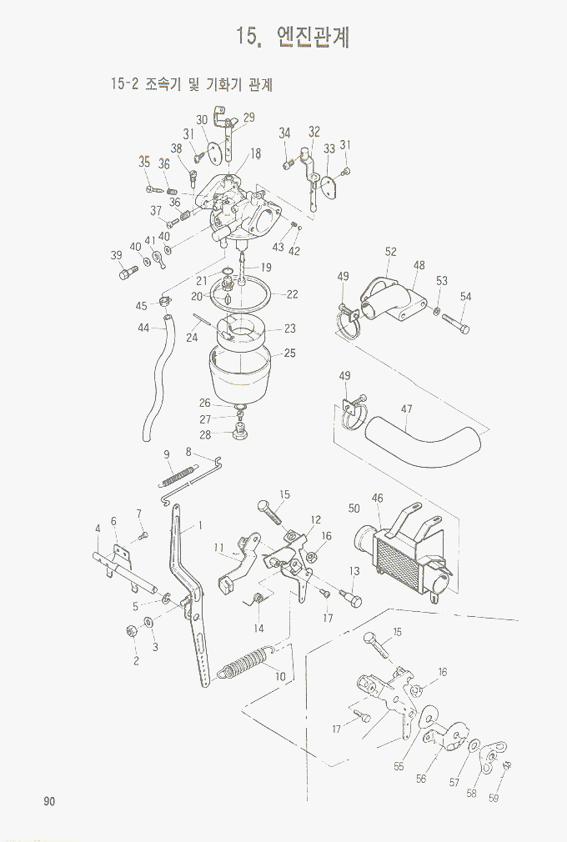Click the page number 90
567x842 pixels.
click(49, 801)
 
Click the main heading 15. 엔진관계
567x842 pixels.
click(293, 37)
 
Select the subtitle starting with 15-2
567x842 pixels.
click(192, 84)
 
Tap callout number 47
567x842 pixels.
click(407, 408)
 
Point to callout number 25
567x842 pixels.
click(289, 353)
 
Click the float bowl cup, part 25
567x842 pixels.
click(242, 373)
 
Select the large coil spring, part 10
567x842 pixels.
click(245, 663)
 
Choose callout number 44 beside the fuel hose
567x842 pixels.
click(143, 328)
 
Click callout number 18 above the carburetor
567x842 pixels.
click(255, 153)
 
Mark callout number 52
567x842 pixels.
click(391, 251)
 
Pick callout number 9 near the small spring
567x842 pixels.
click(167, 454)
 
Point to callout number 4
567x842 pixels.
click(98, 529)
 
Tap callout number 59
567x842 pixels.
click(494, 798)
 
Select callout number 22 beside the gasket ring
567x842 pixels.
click(292, 294)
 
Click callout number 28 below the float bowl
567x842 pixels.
click(205, 434)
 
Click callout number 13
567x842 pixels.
click(354, 571)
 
